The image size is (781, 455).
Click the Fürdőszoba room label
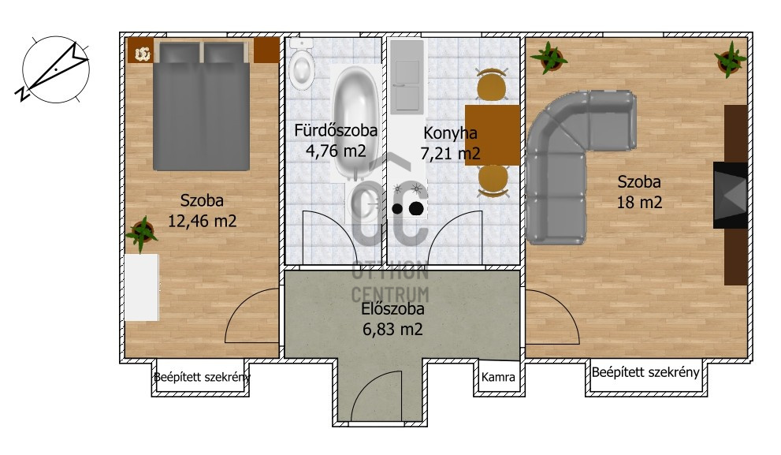click(x=335, y=130)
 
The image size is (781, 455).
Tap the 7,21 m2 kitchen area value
click(x=450, y=154)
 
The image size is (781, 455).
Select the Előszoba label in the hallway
click(x=392, y=308)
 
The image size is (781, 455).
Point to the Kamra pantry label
click(x=498, y=377)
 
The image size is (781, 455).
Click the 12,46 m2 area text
click(x=202, y=221)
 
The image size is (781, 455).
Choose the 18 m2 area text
click(x=640, y=203)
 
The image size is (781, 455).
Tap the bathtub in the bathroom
click(x=355, y=122)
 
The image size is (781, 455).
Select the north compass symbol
click(x=56, y=69)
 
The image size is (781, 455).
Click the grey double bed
click(x=201, y=106)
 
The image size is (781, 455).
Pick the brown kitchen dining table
click(x=492, y=135)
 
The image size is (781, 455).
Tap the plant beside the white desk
click(x=142, y=233)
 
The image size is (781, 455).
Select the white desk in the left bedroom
click(x=141, y=288)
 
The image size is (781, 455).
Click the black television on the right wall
click(x=731, y=196)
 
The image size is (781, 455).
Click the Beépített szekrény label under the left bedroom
click(x=202, y=377)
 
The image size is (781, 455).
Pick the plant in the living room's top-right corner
click(x=731, y=60)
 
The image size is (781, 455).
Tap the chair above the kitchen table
click(x=492, y=84)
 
